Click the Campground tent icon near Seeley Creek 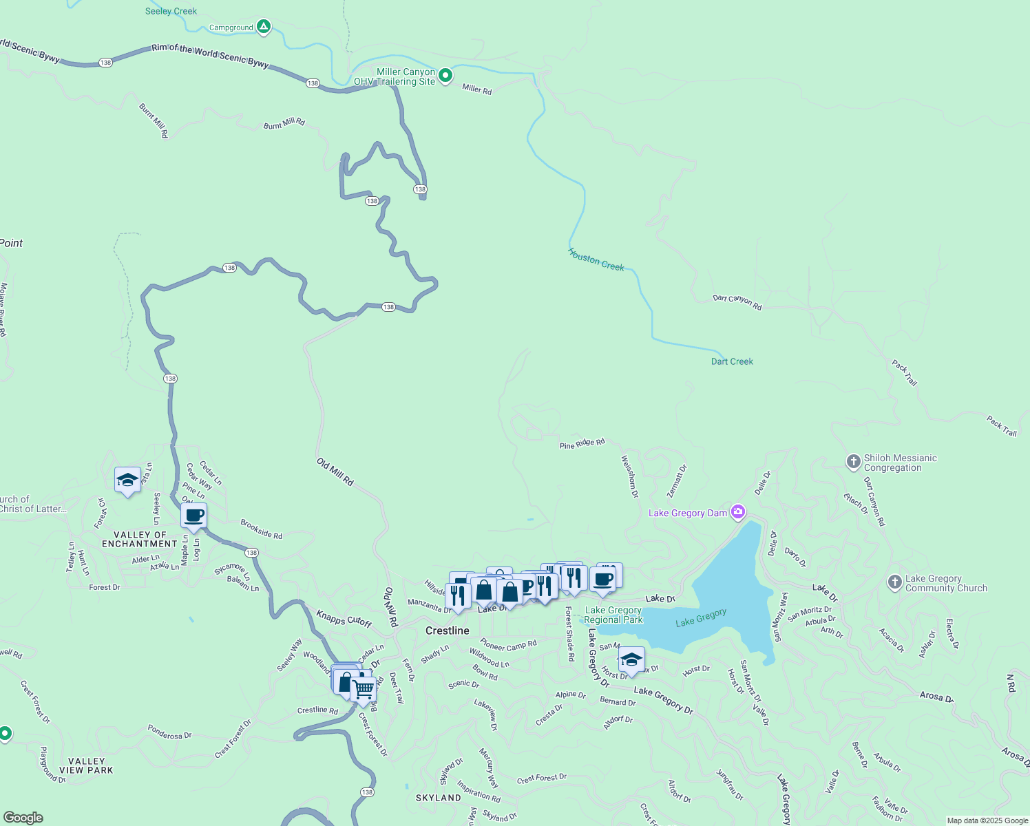tap(263, 27)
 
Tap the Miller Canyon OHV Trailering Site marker tap(445, 75)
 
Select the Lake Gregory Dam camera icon tap(738, 511)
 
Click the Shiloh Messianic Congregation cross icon tap(854, 462)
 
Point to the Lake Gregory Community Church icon tap(895, 583)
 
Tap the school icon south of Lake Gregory tap(631, 659)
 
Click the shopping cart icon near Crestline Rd tap(364, 688)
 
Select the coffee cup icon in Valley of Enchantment tap(194, 516)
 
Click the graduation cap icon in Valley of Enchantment tap(127, 480)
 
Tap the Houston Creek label tap(596, 260)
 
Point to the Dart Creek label tap(732, 361)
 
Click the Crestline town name tap(448, 631)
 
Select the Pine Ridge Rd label tap(582, 444)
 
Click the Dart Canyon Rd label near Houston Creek tap(737, 302)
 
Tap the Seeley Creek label tap(171, 11)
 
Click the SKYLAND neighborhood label tap(438, 798)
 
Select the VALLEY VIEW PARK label tap(86, 765)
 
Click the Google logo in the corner tap(23, 818)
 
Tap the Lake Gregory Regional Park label tap(613, 615)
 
